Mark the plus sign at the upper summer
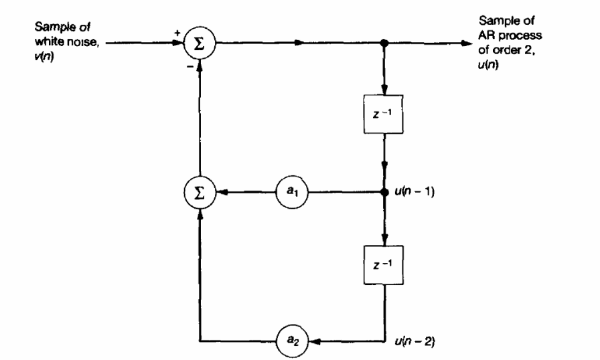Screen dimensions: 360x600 [179, 32]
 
